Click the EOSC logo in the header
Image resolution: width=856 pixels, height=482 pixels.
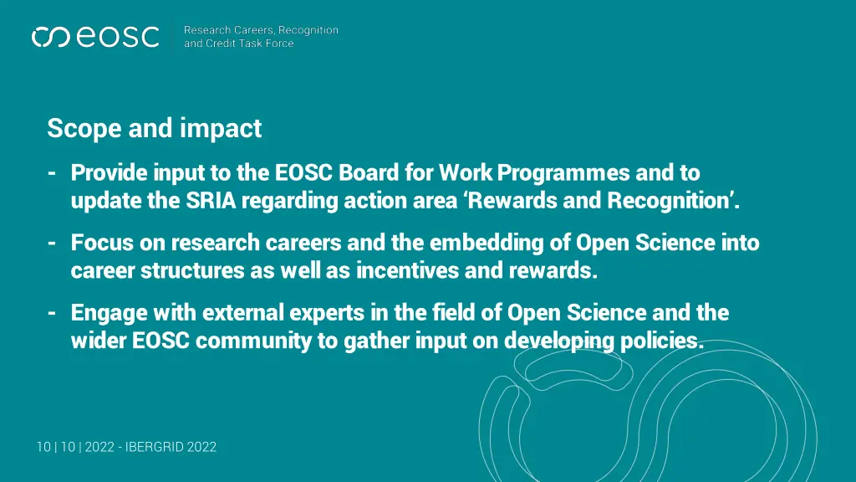click(94, 37)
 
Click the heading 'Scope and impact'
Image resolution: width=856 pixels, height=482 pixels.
click(154, 128)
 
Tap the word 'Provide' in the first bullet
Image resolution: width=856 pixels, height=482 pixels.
click(108, 173)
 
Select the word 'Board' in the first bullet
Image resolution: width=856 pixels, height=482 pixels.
click(367, 173)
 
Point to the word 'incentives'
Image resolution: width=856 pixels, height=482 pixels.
click(409, 272)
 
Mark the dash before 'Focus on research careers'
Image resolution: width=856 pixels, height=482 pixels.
click(52, 244)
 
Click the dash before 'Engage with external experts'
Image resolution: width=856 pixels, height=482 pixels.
click(52, 314)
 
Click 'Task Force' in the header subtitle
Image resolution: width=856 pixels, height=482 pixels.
click(267, 44)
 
